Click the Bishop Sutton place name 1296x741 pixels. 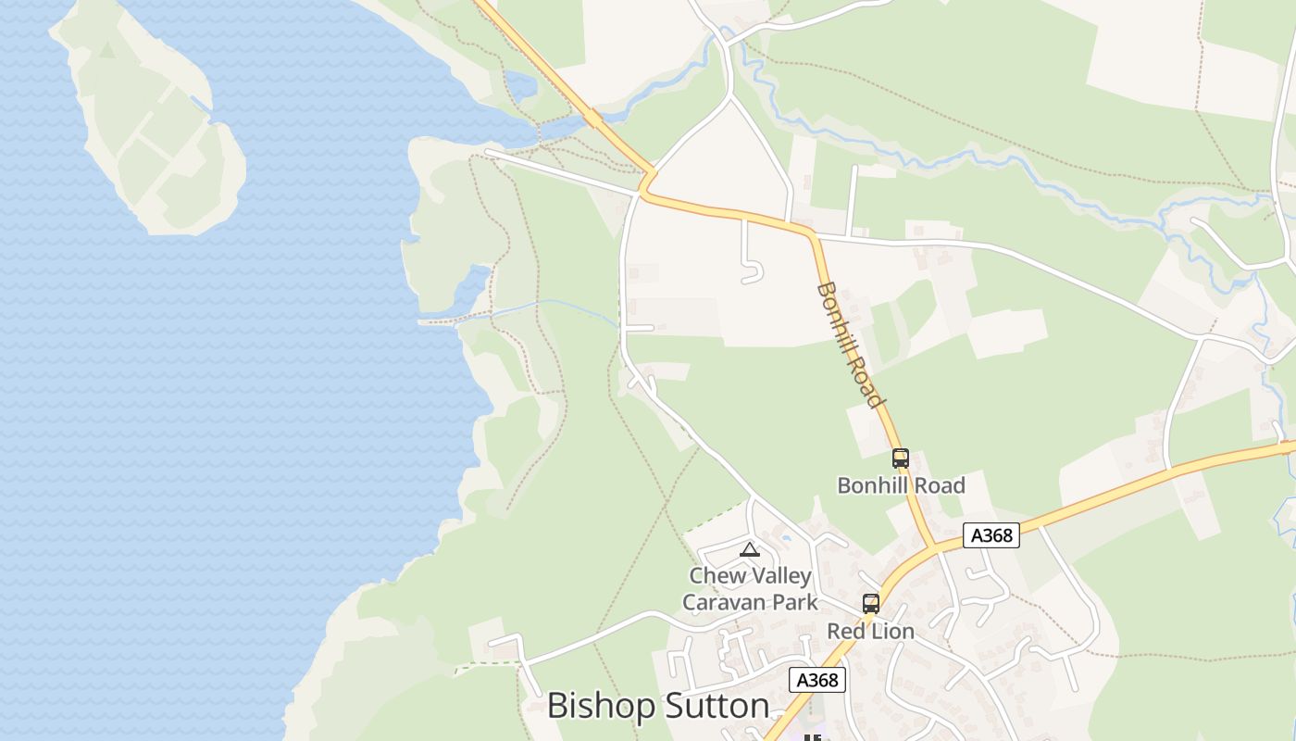(658, 706)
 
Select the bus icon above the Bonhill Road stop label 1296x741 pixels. (900, 458)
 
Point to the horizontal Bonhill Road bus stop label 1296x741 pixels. (901, 485)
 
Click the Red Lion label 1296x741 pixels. (870, 632)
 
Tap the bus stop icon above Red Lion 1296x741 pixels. (870, 604)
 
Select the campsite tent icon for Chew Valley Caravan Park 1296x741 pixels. (749, 549)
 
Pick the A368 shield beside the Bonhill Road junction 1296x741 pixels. (991, 535)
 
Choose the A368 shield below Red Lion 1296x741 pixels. (817, 680)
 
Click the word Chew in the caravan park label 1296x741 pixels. (717, 575)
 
